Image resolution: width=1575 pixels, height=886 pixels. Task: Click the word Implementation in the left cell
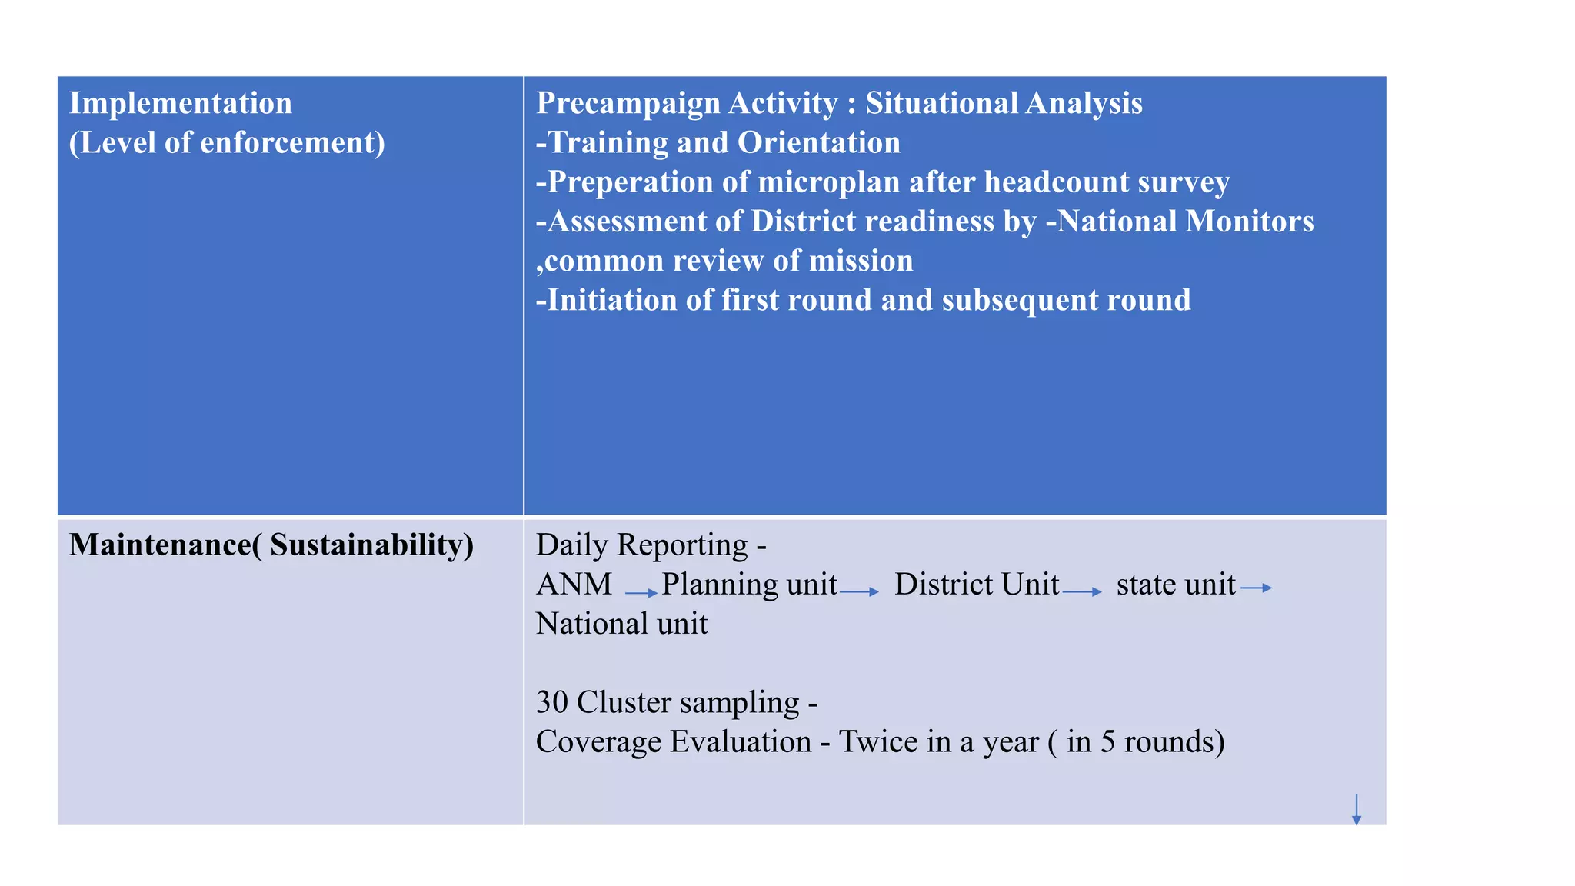tap(181, 104)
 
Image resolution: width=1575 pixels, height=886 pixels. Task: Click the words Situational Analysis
tap(1004, 104)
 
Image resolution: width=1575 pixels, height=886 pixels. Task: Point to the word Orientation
tap(818, 143)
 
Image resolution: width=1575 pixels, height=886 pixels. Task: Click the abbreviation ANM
tap(574, 585)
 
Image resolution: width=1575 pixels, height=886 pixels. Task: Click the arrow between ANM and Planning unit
tap(641, 592)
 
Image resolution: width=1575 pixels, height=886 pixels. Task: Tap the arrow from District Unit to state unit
tap(1082, 591)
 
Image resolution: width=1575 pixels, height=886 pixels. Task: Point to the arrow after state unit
tap(1257, 588)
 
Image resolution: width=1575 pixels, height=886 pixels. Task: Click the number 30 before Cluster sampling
tap(551, 703)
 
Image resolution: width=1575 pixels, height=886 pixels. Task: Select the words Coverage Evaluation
tap(674, 742)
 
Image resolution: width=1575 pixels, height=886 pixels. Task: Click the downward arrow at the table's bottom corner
tap(1356, 810)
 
